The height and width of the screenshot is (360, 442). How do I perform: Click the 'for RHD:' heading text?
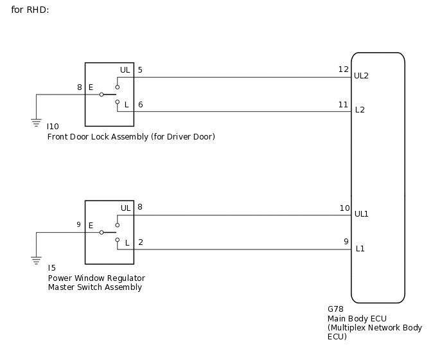(x=30, y=10)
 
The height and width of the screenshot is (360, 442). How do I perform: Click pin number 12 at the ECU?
(x=343, y=69)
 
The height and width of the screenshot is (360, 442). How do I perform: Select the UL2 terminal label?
(x=362, y=76)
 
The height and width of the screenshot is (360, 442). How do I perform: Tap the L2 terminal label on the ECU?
(x=360, y=110)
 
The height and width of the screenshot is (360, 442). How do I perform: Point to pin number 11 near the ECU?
(x=343, y=104)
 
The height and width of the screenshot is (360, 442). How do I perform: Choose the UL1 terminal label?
(x=362, y=213)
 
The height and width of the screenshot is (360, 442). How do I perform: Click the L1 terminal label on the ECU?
(x=360, y=248)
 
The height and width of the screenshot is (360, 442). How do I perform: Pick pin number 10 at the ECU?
(x=344, y=208)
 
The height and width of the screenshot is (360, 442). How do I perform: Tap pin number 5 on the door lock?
(x=140, y=69)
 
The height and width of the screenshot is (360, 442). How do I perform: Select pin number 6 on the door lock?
(x=140, y=104)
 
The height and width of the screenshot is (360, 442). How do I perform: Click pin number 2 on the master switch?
(x=140, y=242)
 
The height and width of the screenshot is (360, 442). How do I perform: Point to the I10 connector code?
(x=53, y=127)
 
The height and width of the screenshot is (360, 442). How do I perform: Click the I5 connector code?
(x=51, y=267)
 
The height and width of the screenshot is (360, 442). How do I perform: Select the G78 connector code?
(x=335, y=309)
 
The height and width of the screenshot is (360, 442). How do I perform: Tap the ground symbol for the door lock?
(x=36, y=120)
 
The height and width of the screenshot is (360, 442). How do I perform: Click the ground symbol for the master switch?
(x=36, y=259)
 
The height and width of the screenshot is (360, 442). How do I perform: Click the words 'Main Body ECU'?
(x=356, y=318)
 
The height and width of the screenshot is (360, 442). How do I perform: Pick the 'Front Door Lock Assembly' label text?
(x=98, y=137)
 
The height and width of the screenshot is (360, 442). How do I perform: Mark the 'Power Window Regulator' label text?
(x=96, y=278)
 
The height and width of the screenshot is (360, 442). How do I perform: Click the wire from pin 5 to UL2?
(x=238, y=77)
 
